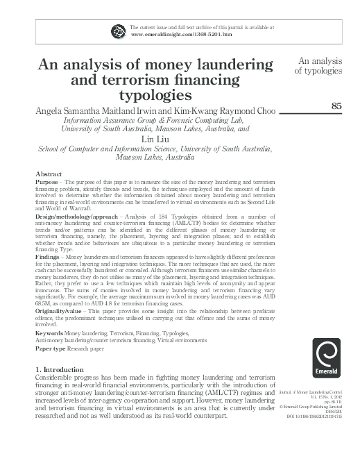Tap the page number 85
[338, 106]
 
